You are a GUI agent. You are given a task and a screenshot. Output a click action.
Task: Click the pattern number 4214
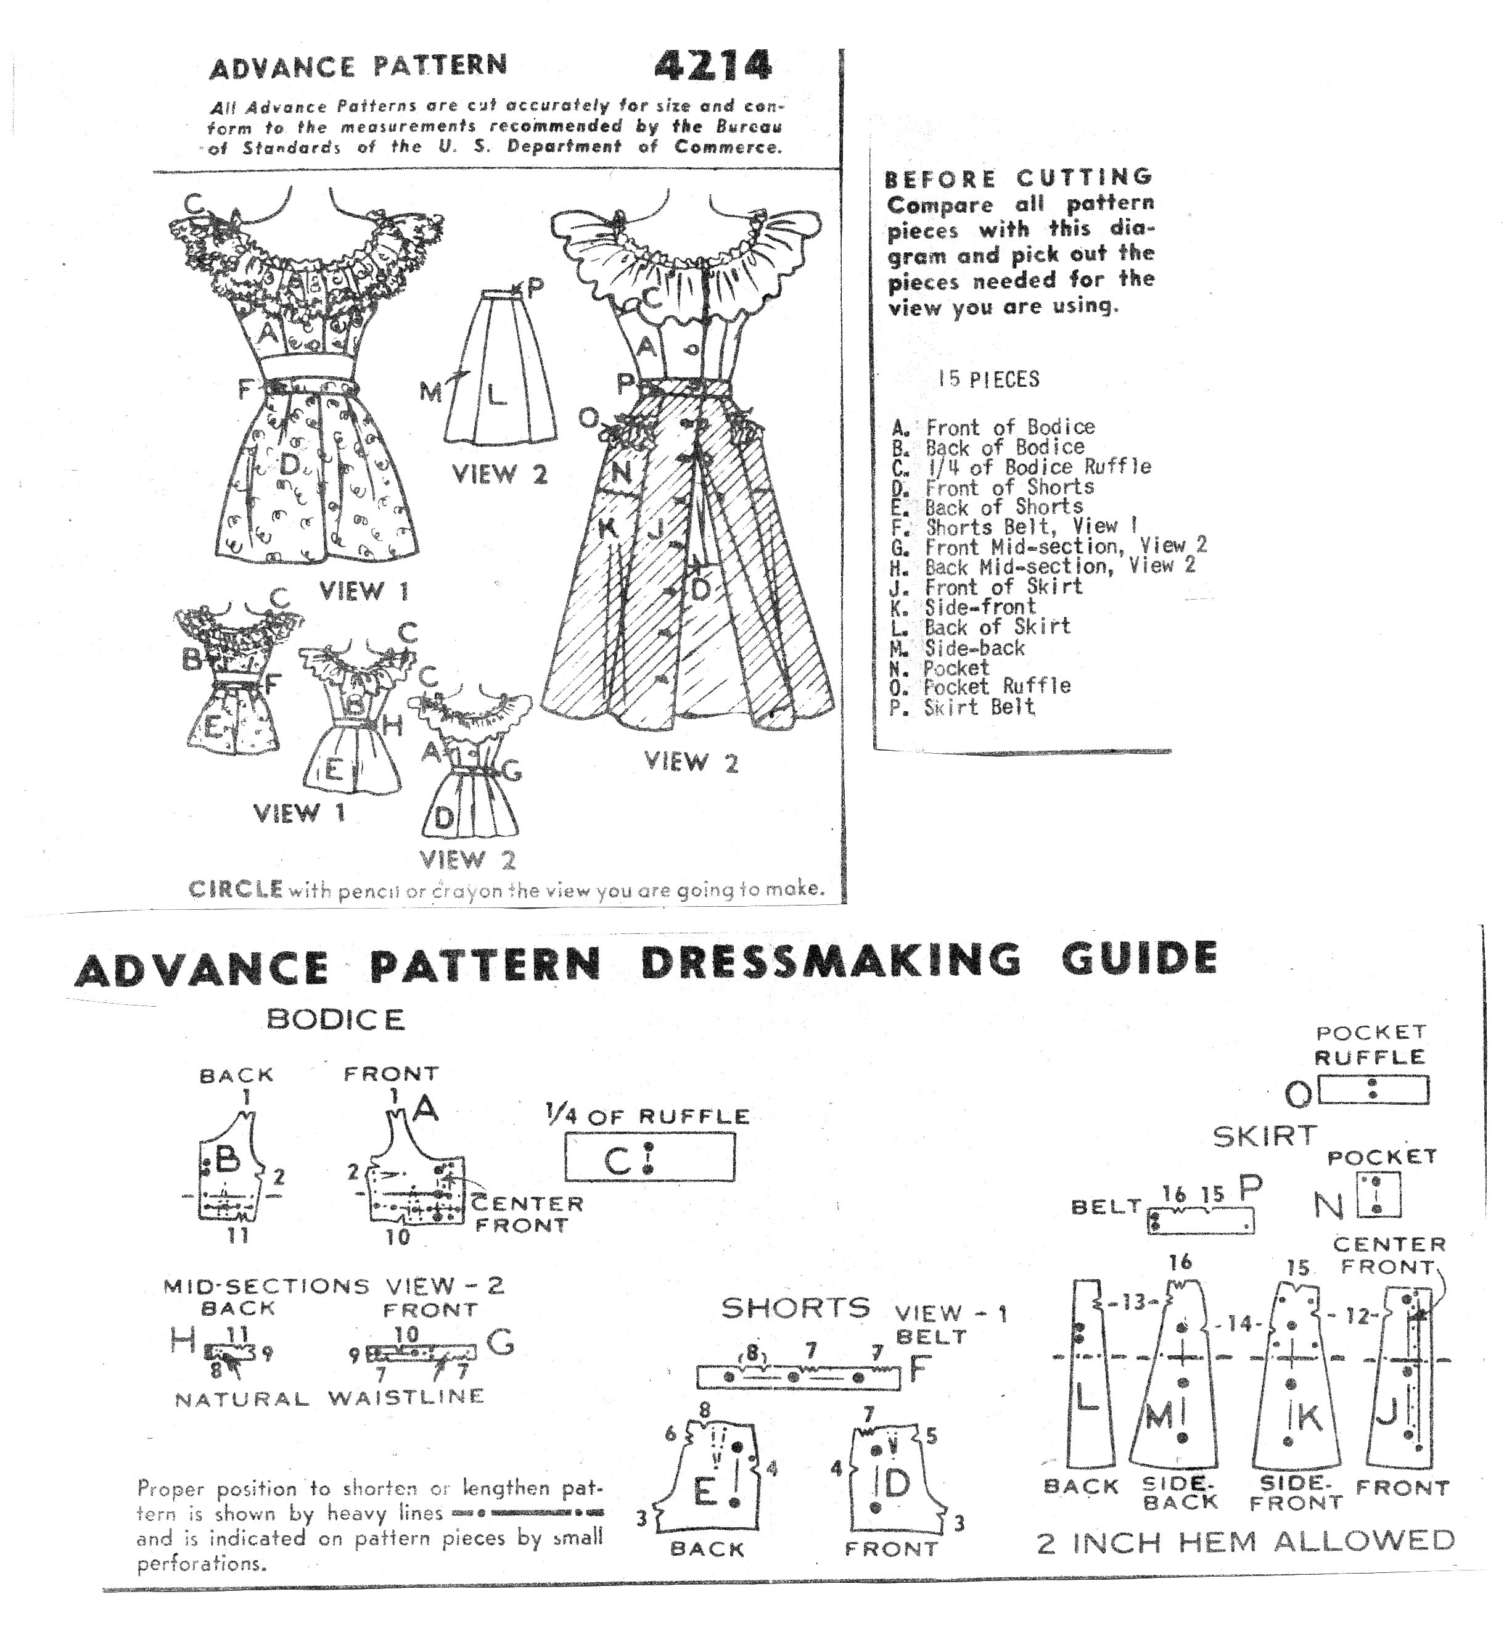click(x=712, y=65)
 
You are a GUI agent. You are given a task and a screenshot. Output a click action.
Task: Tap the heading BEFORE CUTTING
click(x=1019, y=178)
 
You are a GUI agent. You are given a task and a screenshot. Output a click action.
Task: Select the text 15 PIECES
click(x=988, y=379)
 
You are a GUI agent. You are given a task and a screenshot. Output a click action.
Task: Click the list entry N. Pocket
click(x=940, y=668)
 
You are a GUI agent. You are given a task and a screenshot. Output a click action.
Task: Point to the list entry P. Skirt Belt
click(x=963, y=708)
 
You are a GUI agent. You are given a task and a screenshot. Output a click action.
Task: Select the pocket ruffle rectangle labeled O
click(x=1374, y=1090)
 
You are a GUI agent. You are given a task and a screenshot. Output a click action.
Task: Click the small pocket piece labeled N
click(x=1378, y=1195)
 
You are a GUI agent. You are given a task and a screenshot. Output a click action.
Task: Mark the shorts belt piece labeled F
click(x=797, y=1377)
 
